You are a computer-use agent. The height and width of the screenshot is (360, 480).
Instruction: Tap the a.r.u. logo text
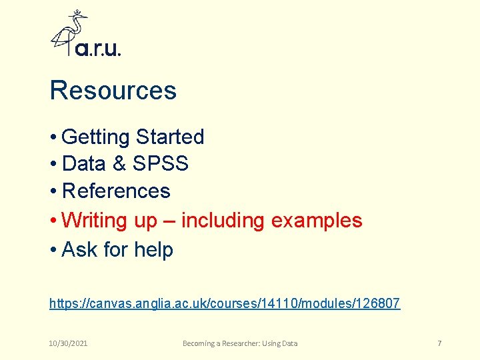pos(98,49)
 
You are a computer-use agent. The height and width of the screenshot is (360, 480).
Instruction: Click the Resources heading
pos(113,91)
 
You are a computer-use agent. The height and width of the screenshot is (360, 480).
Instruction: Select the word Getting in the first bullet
pos(95,137)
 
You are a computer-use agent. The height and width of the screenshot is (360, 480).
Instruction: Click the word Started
pos(169,137)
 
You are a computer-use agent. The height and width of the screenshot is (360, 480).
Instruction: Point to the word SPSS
pos(161,164)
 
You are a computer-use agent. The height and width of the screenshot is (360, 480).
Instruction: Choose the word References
pos(116,191)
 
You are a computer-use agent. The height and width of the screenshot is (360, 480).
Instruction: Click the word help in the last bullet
pos(153,250)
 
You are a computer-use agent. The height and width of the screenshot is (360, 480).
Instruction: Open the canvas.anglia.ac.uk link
pos(225,304)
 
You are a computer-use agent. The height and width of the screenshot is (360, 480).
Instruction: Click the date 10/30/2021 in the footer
pos(69,343)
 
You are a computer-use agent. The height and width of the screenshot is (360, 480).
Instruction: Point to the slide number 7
pos(439,343)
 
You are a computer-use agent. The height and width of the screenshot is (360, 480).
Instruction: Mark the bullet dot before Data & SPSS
pos(53,165)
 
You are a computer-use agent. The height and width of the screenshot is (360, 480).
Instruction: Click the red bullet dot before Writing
pos(53,221)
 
